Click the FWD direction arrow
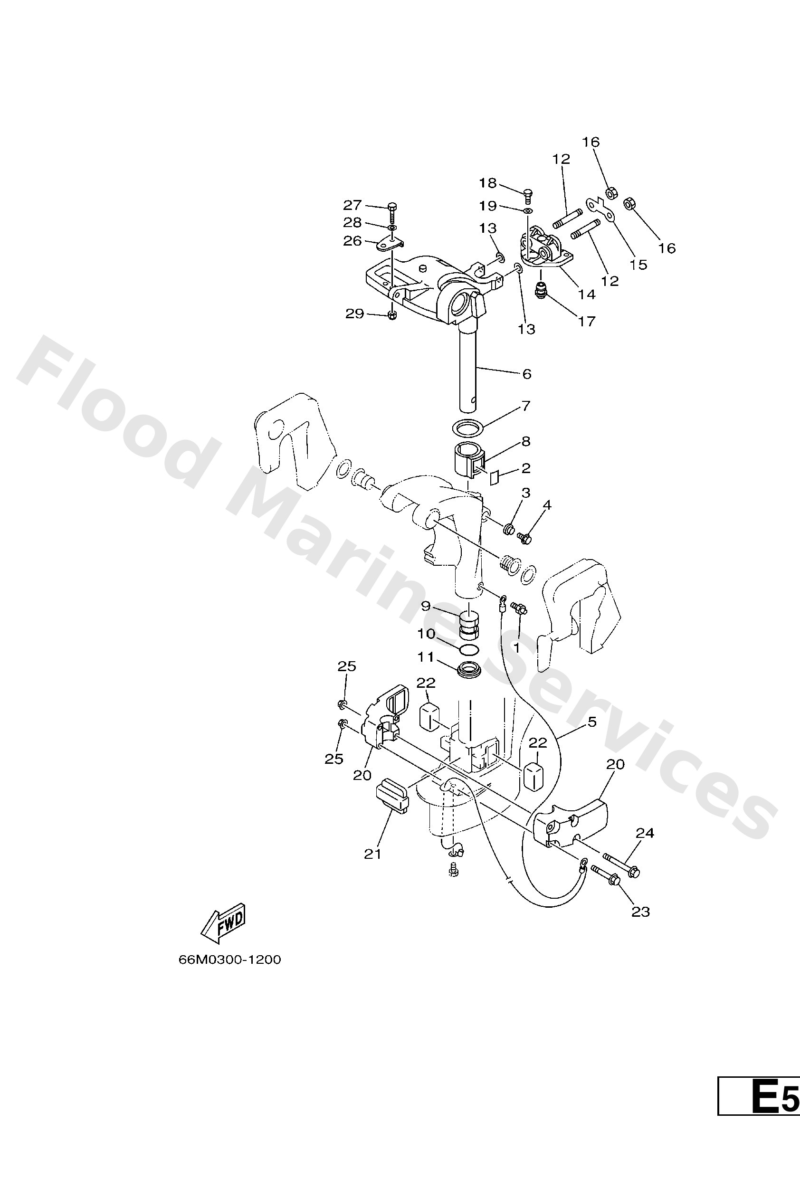coord(223,926)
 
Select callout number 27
coord(352,205)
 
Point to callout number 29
coord(354,314)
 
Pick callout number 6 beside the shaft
coord(527,374)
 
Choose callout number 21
coord(372,854)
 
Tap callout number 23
coord(640,912)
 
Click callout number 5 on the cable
coord(592,722)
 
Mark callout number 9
coord(425,606)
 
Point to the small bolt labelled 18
coord(528,193)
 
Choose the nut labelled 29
coord(392,316)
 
